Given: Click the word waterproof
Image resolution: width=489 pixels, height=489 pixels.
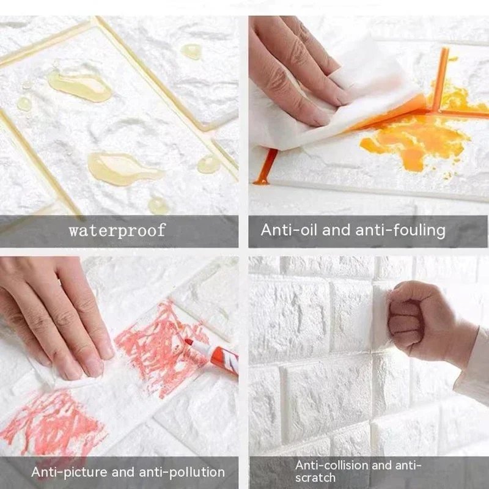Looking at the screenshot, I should point(117,230).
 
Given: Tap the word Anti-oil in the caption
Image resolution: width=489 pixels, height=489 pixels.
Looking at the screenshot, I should point(287,230).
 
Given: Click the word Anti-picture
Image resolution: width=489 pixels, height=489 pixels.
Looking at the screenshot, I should point(67,472).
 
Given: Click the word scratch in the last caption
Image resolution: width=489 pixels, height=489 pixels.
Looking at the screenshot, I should point(315,477).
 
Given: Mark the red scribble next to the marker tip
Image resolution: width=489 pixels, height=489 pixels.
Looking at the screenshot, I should point(153,342).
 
